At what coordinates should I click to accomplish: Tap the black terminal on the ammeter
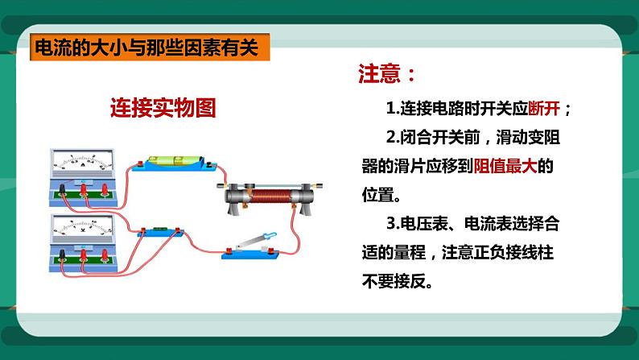click(x=61, y=188)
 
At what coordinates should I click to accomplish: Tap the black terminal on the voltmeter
click(x=61, y=256)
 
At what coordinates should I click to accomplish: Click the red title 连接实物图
click(x=163, y=108)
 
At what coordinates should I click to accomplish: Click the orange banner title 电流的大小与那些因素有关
click(x=146, y=48)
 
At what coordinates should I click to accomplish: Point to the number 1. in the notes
click(x=392, y=109)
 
